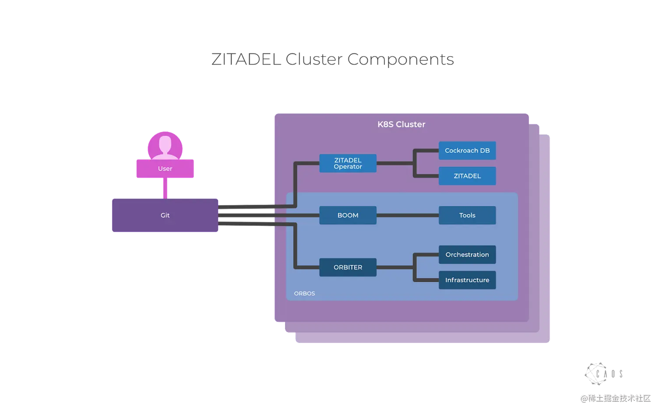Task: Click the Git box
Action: [x=165, y=215]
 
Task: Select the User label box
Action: [x=165, y=169]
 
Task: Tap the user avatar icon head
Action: [x=165, y=143]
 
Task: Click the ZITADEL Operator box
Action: [x=348, y=163]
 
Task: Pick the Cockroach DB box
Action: [x=467, y=150]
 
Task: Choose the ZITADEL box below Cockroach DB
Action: [x=467, y=176]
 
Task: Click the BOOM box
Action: [x=348, y=215]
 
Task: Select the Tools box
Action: [x=467, y=215]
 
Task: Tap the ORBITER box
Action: [x=348, y=267]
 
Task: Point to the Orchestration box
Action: [x=467, y=255]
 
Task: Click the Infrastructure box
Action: [x=467, y=280]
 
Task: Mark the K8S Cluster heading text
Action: [x=401, y=124]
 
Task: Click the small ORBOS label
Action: [x=304, y=294]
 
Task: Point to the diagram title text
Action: [x=332, y=60]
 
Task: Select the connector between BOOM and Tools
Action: [x=407, y=215]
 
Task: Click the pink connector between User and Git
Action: [x=165, y=188]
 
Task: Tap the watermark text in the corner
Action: [x=615, y=398]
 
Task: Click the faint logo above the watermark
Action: [x=602, y=374]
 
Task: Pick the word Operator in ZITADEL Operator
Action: [x=348, y=167]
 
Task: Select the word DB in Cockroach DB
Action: [x=484, y=150]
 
